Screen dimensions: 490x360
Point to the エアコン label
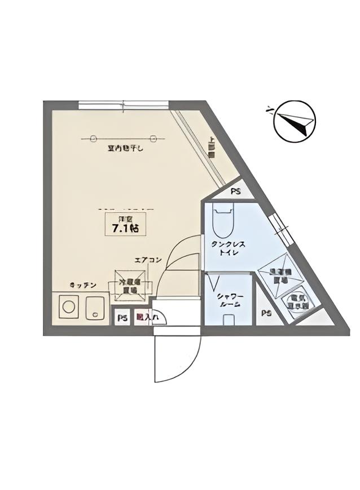[148, 260]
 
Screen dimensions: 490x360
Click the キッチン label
[83, 285]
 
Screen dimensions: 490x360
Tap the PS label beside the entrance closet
[122, 318]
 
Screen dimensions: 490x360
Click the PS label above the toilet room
[236, 191]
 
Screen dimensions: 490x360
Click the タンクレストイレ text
[228, 249]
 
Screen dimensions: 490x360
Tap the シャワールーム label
[229, 299]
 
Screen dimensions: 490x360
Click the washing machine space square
[277, 275]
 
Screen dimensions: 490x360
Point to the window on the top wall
[123, 104]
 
